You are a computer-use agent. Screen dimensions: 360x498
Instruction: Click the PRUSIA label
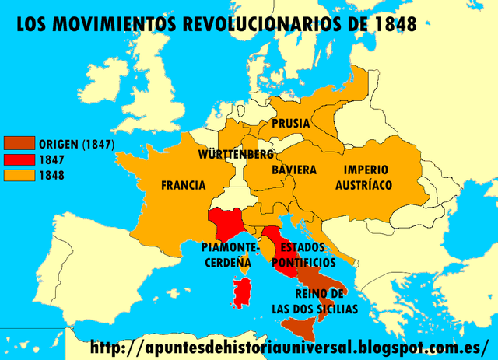point(291,124)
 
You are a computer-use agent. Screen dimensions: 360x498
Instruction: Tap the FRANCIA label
point(184,185)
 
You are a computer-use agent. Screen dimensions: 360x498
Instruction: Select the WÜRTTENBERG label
point(236,154)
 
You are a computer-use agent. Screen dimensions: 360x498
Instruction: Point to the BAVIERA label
point(294,170)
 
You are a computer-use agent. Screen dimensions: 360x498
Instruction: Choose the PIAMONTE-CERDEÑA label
point(227,255)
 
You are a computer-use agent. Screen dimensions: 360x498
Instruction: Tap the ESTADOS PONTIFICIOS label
point(302,255)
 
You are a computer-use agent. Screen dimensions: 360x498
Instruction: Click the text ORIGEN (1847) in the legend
point(76,144)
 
